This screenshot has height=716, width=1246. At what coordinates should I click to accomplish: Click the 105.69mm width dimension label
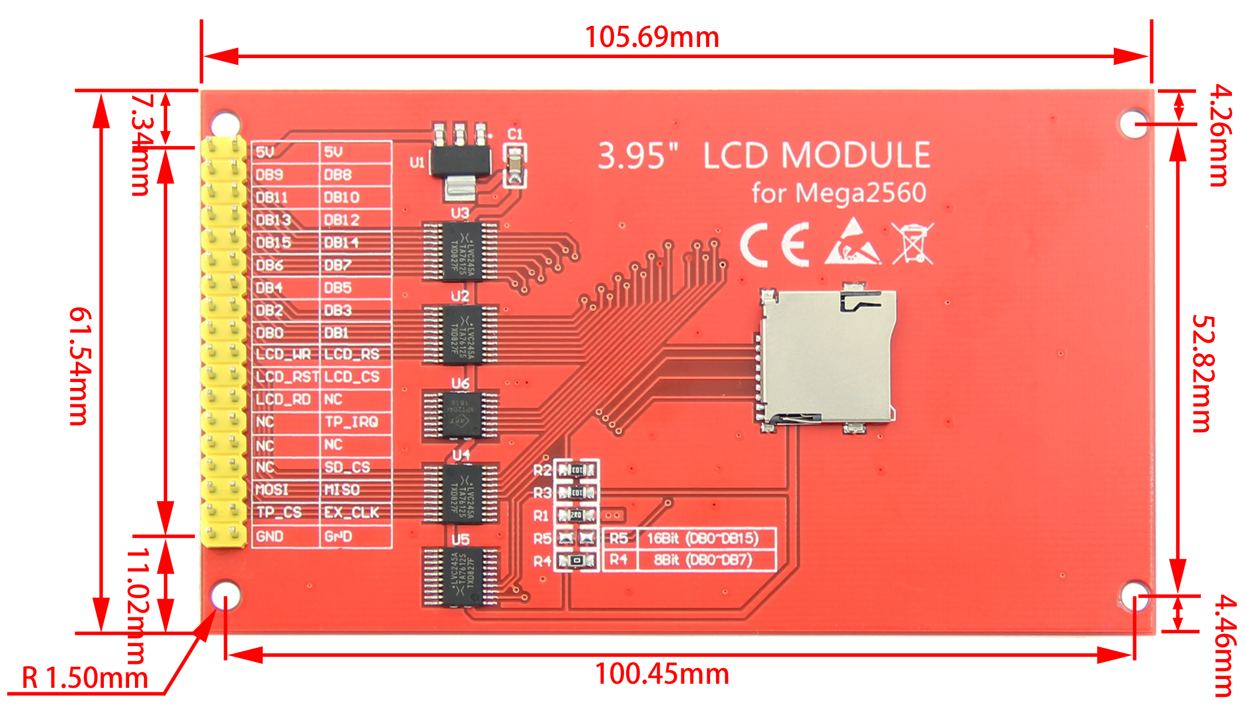pyautogui.click(x=652, y=38)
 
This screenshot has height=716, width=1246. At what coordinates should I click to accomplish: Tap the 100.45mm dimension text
pyautogui.click(x=662, y=674)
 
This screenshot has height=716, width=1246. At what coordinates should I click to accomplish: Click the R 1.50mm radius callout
pyautogui.click(x=85, y=678)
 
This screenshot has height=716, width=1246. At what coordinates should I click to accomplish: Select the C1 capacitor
pyautogui.click(x=515, y=165)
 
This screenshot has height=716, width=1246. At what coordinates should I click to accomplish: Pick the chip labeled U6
pyautogui.click(x=461, y=414)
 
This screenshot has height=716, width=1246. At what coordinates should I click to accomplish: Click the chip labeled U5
pyautogui.click(x=461, y=577)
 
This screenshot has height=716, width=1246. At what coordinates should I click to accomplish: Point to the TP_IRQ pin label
pyautogui.click(x=351, y=422)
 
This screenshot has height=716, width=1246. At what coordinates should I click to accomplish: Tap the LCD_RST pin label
pyautogui.click(x=287, y=377)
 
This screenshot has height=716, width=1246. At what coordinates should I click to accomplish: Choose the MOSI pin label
pyautogui.click(x=272, y=489)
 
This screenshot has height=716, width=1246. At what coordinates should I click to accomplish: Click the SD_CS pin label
pyautogui.click(x=347, y=467)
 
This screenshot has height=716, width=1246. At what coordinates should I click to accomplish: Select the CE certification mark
pyautogui.click(x=775, y=245)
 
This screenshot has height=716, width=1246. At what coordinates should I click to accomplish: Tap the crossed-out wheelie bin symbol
pyautogui.click(x=912, y=243)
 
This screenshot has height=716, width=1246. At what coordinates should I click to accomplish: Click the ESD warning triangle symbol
pyautogui.click(x=853, y=242)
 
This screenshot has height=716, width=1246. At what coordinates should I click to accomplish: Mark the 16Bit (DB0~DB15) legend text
pyautogui.click(x=702, y=538)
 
